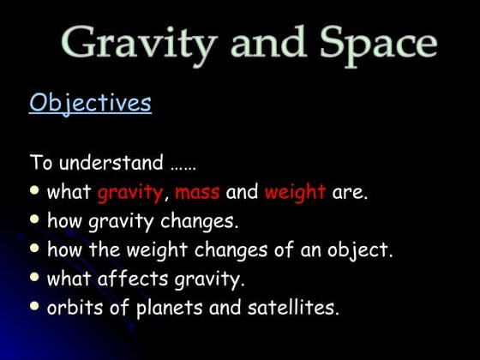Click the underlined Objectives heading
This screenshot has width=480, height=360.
(x=90, y=104)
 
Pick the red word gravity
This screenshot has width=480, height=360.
(x=129, y=193)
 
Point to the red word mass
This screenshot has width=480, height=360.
(x=197, y=193)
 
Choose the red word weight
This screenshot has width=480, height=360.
(x=295, y=193)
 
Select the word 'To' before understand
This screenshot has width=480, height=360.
(x=40, y=163)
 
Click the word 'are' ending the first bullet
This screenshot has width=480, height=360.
(x=349, y=193)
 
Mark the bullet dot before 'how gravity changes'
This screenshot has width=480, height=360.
(x=35, y=219)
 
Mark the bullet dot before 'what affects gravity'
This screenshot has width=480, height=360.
(x=35, y=277)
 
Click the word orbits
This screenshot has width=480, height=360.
(x=75, y=308)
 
